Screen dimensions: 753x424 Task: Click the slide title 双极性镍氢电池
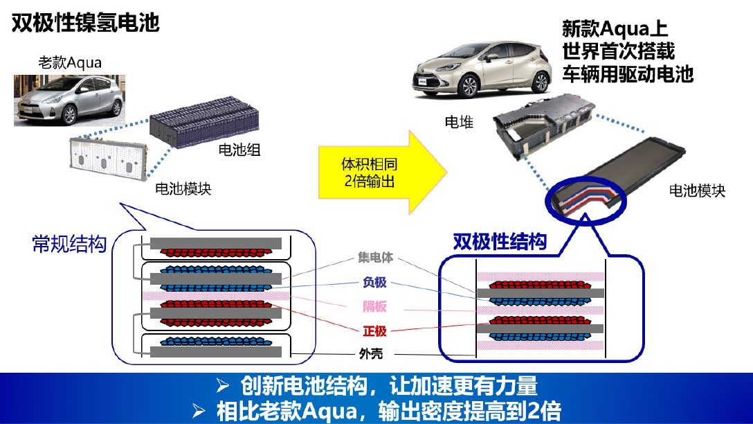pyautogui.click(x=86, y=23)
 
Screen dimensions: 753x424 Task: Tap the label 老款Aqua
pyautogui.click(x=70, y=62)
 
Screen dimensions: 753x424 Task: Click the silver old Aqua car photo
pyautogui.click(x=70, y=100)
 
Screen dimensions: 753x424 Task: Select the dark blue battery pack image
pyautogui.click(x=205, y=122)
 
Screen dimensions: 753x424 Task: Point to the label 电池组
pyautogui.click(x=239, y=150)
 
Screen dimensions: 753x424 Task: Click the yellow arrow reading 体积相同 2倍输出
pyautogui.click(x=383, y=172)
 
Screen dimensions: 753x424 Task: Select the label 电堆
pyautogui.click(x=459, y=122)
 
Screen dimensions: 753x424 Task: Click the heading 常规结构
pyautogui.click(x=69, y=244)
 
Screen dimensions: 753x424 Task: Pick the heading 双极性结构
pyautogui.click(x=500, y=241)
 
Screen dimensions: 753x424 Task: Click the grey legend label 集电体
pyautogui.click(x=376, y=258)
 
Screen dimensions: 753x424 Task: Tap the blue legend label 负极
pyautogui.click(x=374, y=282)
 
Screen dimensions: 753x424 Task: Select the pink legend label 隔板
pyautogui.click(x=374, y=306)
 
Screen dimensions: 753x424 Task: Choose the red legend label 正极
pyautogui.click(x=374, y=330)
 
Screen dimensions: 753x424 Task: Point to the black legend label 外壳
pyautogui.click(x=371, y=354)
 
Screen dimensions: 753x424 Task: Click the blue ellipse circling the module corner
pyautogui.click(x=586, y=199)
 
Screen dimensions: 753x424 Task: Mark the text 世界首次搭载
pyautogui.click(x=619, y=51)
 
